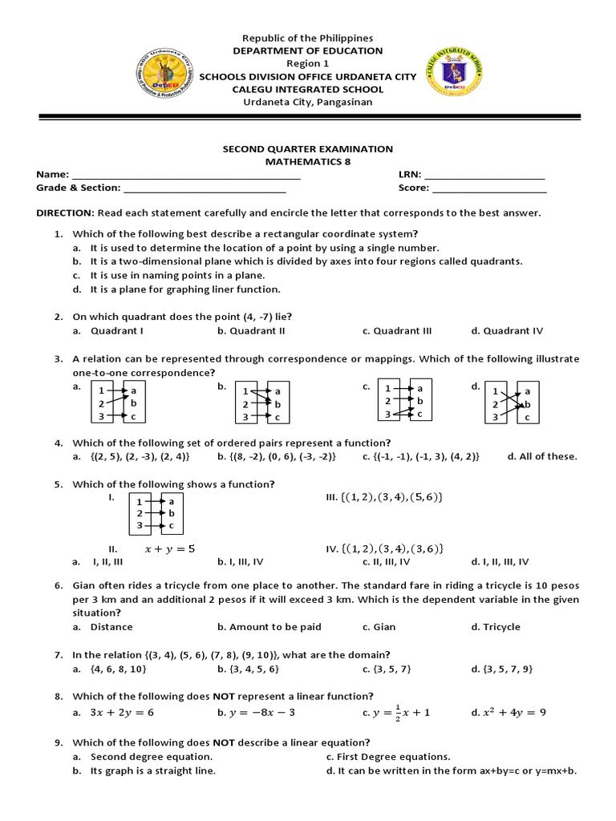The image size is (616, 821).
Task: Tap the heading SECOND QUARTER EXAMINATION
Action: (308, 149)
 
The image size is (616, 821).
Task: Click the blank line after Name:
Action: (186, 175)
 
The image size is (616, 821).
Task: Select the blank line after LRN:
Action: (484, 175)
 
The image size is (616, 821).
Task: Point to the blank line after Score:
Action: (489, 189)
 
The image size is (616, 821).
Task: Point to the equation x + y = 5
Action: (169, 549)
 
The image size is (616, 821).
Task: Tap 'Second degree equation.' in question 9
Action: (152, 757)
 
